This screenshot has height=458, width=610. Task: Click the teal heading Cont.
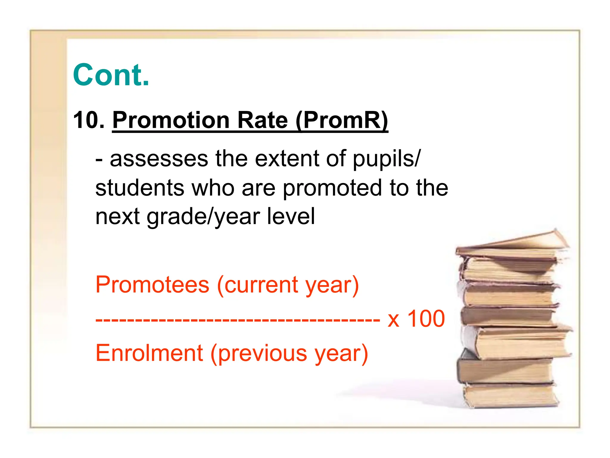pyautogui.click(x=111, y=75)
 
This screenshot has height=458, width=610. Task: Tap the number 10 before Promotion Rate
pyautogui.click(x=85, y=120)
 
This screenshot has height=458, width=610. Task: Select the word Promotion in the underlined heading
pyautogui.click(x=171, y=120)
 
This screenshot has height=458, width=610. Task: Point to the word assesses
pyautogui.click(x=159, y=159)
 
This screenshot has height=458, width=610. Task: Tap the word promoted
pyautogui.click(x=332, y=188)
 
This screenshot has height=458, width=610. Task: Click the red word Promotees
pyautogui.click(x=152, y=285)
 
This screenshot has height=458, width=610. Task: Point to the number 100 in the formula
pyautogui.click(x=426, y=319)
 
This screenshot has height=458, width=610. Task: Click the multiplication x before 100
pyautogui.click(x=393, y=320)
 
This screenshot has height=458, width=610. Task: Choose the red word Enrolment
pyautogui.click(x=149, y=353)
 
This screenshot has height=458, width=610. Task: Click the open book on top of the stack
pyautogui.click(x=512, y=243)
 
